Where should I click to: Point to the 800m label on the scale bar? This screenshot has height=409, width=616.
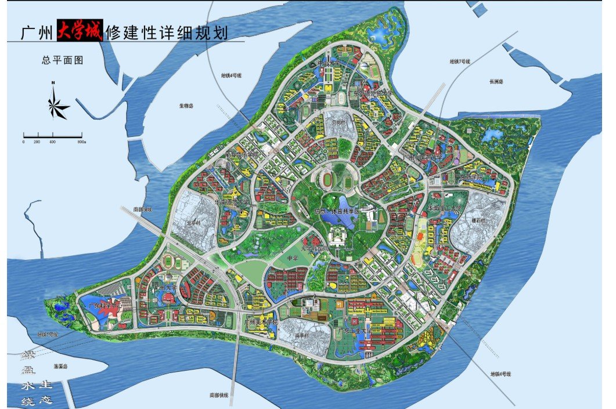[x=82, y=142]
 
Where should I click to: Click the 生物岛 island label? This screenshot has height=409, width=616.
[x=186, y=106]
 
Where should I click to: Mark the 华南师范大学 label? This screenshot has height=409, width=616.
[x=232, y=204]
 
